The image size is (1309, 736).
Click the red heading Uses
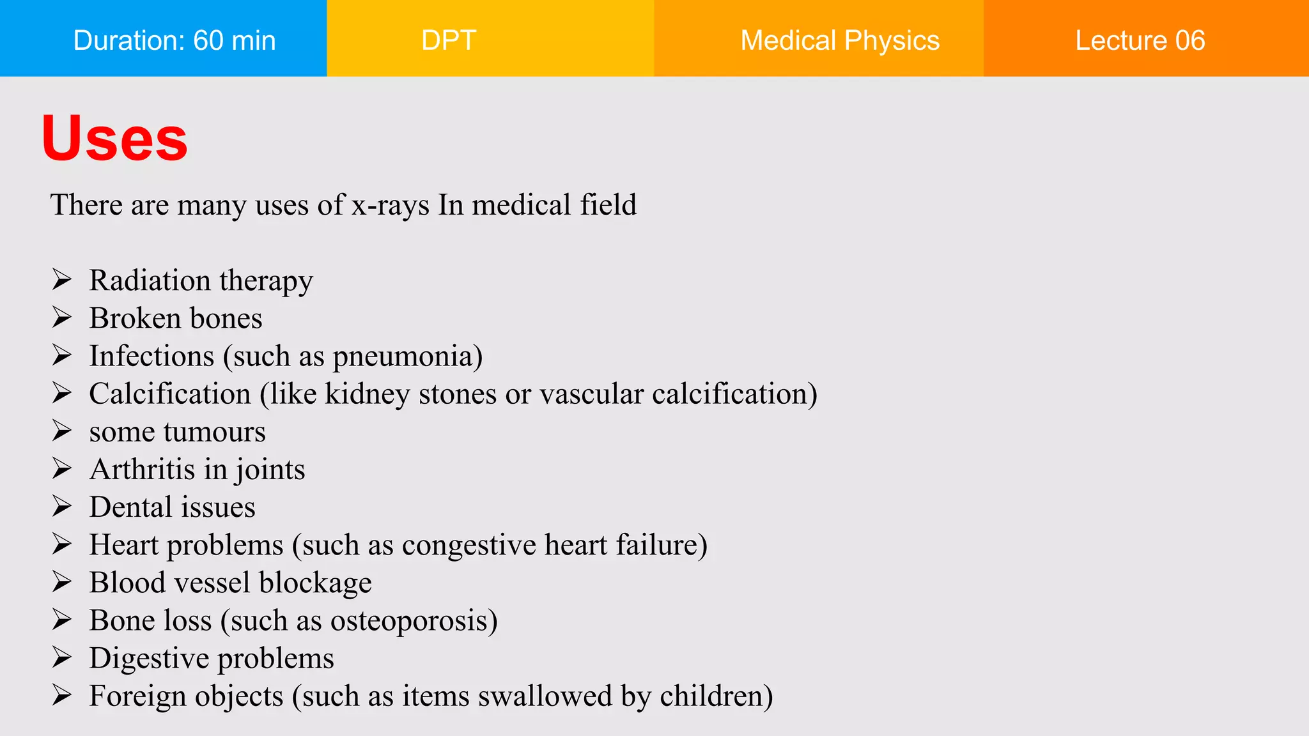114,138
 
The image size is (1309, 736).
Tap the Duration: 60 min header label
174,40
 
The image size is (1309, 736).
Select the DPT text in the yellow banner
449,40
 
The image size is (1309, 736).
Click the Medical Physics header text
840,40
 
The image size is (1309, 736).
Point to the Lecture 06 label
1140,40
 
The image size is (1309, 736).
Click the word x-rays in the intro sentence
390,206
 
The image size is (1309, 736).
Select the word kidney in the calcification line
367,394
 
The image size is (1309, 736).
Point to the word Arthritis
142,470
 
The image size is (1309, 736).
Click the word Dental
131,507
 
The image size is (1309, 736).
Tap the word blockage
315,583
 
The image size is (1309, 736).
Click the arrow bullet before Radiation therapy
61,280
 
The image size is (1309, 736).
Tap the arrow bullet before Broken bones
61,318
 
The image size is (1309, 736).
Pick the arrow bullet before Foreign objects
61,695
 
